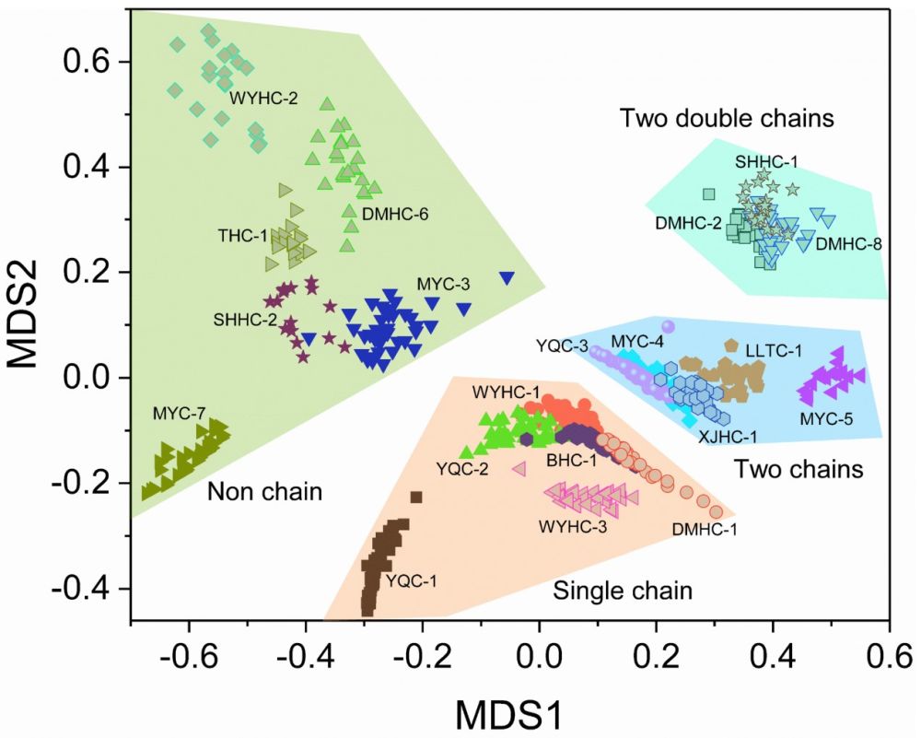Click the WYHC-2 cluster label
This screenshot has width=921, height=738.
coord(263,97)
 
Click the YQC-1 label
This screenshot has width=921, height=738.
coord(414,581)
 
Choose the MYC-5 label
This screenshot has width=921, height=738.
coord(826,420)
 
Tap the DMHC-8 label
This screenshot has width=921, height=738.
coord(849,244)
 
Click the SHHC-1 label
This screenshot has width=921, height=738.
coord(766,161)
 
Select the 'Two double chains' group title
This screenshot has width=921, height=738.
coord(727,118)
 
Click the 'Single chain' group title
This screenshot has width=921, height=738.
coord(623,591)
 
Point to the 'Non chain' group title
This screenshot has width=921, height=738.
coord(264,491)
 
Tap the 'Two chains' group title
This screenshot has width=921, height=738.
coord(799,469)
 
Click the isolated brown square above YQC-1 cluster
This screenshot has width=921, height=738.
coord(416,498)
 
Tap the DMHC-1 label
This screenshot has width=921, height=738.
coord(705,529)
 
